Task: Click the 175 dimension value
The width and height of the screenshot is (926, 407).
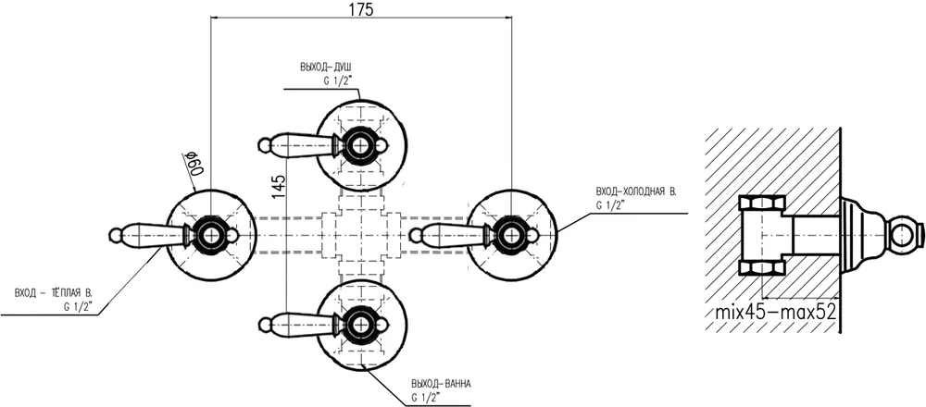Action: pyautogui.click(x=361, y=10)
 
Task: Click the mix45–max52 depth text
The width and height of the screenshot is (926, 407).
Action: pyautogui.click(x=775, y=314)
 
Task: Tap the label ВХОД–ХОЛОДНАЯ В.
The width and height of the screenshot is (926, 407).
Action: pyautogui.click(x=637, y=191)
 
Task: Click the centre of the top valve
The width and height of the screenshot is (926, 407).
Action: pyautogui.click(x=361, y=144)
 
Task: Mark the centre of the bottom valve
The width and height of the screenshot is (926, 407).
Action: pyautogui.click(x=361, y=324)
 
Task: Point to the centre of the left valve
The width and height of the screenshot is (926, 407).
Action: pyautogui.click(x=211, y=234)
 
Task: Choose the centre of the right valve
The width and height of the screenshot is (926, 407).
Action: pyautogui.click(x=511, y=233)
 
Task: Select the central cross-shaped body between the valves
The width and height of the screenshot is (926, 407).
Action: pyautogui.click(x=361, y=234)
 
